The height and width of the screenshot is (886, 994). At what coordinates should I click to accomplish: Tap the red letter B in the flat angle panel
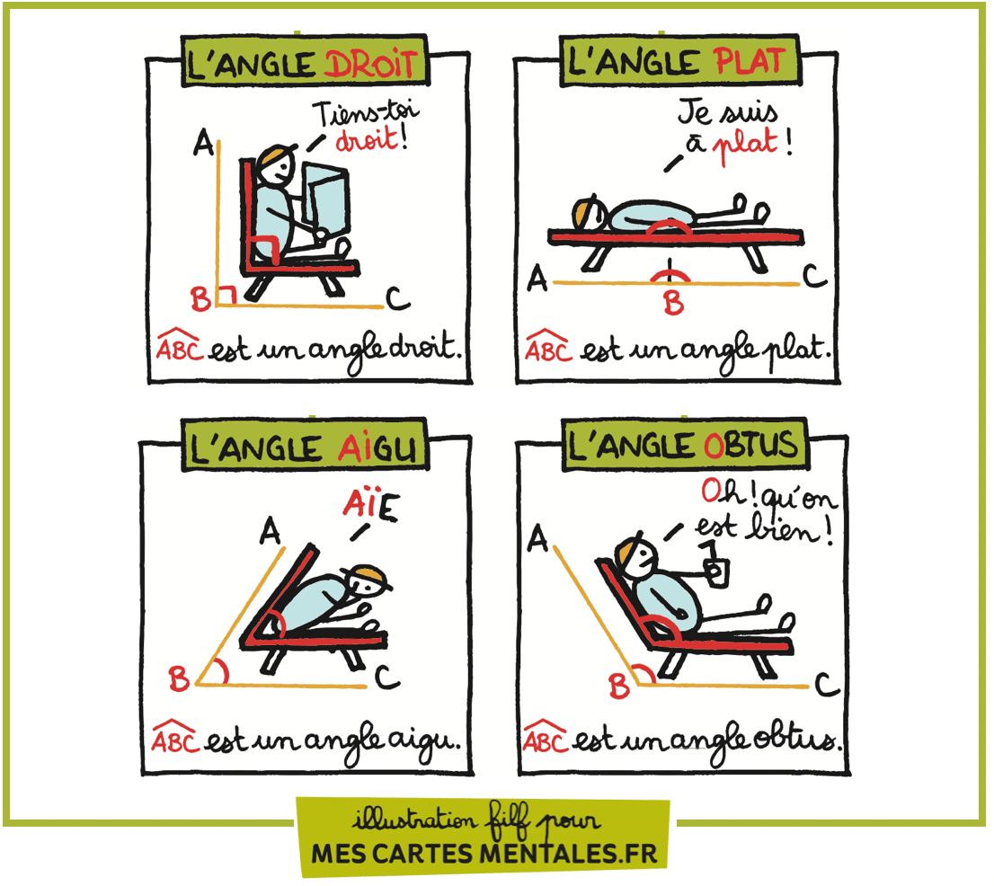[673, 304]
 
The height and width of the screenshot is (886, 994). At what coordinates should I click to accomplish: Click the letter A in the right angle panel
[203, 142]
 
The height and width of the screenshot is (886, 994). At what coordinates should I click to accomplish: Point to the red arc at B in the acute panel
[221, 670]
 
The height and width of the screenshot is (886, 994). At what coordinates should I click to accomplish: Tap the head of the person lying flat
[589, 212]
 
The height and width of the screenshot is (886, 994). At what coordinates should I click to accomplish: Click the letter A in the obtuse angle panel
[537, 539]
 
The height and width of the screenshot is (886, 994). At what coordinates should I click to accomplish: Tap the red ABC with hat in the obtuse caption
[545, 739]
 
